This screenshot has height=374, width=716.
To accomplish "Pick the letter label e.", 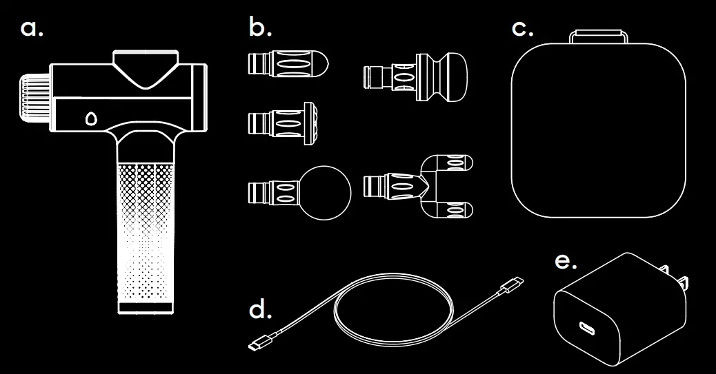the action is pyautogui.click(x=566, y=262).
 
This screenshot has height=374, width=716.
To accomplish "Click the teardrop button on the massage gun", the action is pyautogui.click(x=90, y=118).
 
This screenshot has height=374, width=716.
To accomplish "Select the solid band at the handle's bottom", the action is pyautogui.click(x=146, y=305).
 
